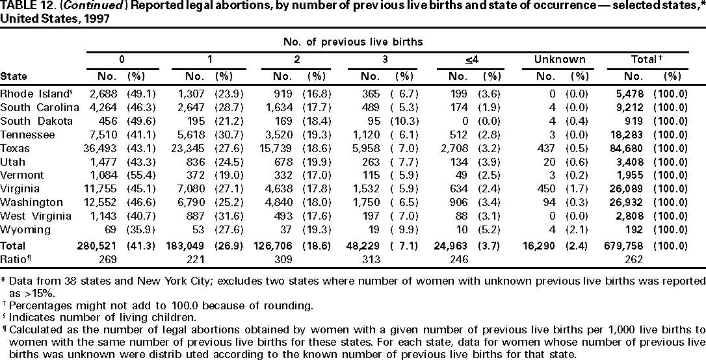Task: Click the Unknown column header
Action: [560, 59]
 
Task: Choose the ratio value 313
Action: [376, 259]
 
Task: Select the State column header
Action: [14, 76]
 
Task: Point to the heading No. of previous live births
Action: [353, 42]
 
